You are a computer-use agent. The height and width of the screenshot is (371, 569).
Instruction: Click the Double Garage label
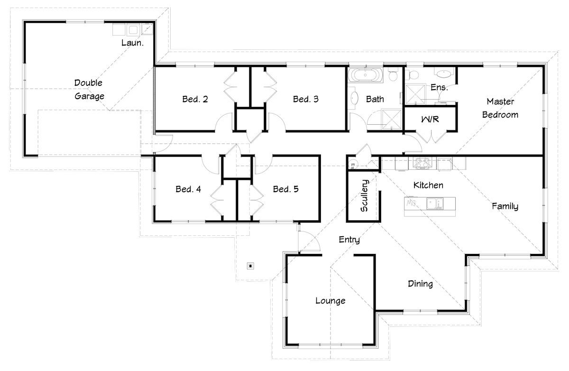click(89, 90)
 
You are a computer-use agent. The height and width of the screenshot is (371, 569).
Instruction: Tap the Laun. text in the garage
click(132, 43)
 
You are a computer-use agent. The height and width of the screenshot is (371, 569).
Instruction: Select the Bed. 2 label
click(195, 99)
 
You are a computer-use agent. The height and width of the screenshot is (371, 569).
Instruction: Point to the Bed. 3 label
click(305, 99)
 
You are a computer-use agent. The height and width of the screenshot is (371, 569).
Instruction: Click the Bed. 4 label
click(188, 189)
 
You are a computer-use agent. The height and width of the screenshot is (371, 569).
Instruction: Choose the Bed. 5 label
click(286, 189)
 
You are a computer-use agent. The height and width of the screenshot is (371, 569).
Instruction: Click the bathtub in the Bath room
click(365, 75)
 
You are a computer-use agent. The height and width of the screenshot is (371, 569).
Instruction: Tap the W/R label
click(430, 119)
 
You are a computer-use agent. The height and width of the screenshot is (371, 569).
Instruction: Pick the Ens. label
click(439, 87)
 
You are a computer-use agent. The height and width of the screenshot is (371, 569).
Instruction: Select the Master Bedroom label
click(500, 108)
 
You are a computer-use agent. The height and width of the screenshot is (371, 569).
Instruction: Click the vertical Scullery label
click(364, 195)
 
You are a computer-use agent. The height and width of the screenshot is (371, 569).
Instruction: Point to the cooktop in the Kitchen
click(422, 163)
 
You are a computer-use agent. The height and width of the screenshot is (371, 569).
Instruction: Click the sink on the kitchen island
click(435, 204)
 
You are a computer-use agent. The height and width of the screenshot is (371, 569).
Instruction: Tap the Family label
click(505, 206)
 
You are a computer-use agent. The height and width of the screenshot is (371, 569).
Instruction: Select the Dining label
click(421, 284)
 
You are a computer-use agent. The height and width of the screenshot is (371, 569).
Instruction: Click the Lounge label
click(330, 301)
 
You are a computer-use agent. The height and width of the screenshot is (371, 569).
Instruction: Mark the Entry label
click(349, 240)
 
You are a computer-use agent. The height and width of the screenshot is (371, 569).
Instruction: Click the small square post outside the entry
click(251, 266)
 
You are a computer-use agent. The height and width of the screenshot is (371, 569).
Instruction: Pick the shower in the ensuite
click(415, 94)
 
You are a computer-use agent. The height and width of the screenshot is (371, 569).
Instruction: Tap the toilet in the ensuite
click(413, 75)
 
